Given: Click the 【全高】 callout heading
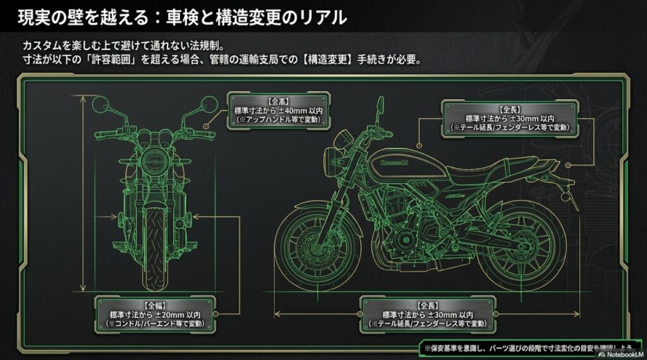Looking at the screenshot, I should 278,100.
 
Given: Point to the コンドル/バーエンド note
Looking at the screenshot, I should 152,323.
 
